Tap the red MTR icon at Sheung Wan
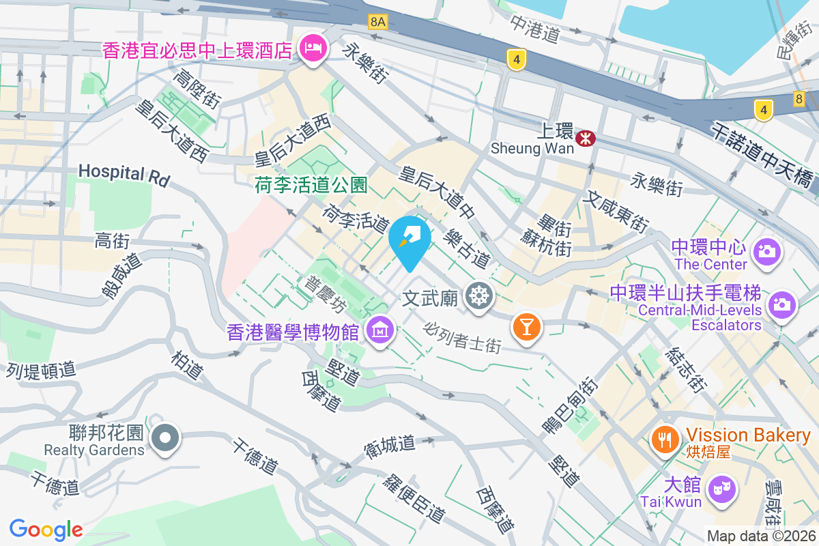[585, 139]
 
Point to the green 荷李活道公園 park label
[311, 184]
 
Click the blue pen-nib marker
[410, 239]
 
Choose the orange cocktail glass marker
[527, 326]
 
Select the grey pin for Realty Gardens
[165, 437]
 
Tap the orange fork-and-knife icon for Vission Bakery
[665, 437]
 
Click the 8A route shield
[377, 22]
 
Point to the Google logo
[46, 529]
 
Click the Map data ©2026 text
[760, 536]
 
